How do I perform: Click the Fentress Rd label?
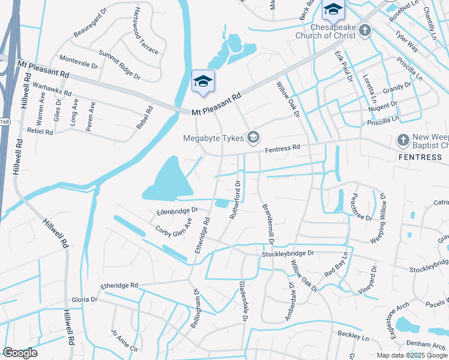[282, 148]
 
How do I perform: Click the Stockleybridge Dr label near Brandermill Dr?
[288, 254]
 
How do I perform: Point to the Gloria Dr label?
[84, 299]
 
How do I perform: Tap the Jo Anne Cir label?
[124, 340]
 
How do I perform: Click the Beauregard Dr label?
[90, 28]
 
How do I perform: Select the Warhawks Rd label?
[52, 89]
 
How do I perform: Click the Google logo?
[20, 353]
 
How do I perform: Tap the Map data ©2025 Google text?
[411, 355]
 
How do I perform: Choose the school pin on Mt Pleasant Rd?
[203, 82]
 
